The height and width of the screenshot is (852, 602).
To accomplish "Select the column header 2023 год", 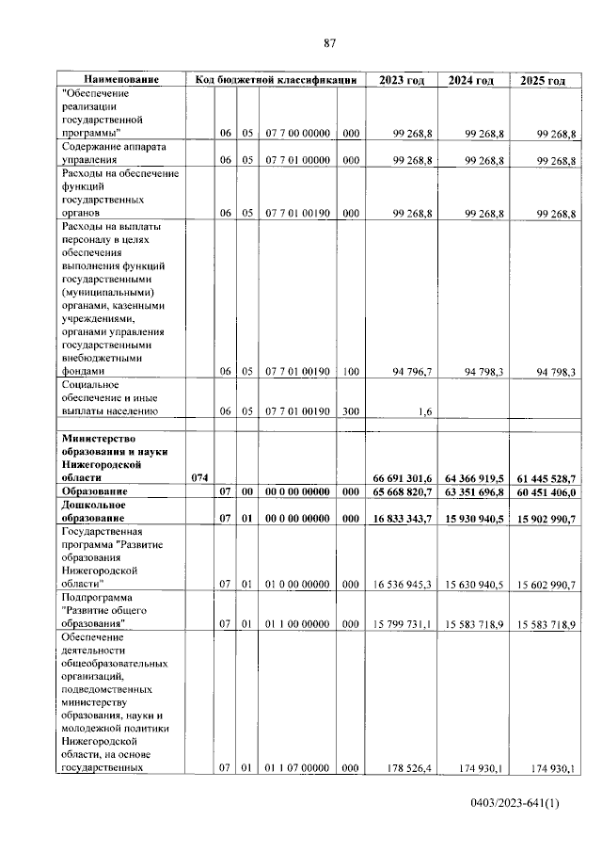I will point(401,81).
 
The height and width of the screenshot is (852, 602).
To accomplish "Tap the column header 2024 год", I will point(471,81).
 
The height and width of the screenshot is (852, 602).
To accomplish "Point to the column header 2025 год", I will point(543,81).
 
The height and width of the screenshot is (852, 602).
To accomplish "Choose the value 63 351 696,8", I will point(474,492).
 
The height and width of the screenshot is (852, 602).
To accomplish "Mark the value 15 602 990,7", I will point(545,585).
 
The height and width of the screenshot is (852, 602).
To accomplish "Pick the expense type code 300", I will point(350,411).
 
